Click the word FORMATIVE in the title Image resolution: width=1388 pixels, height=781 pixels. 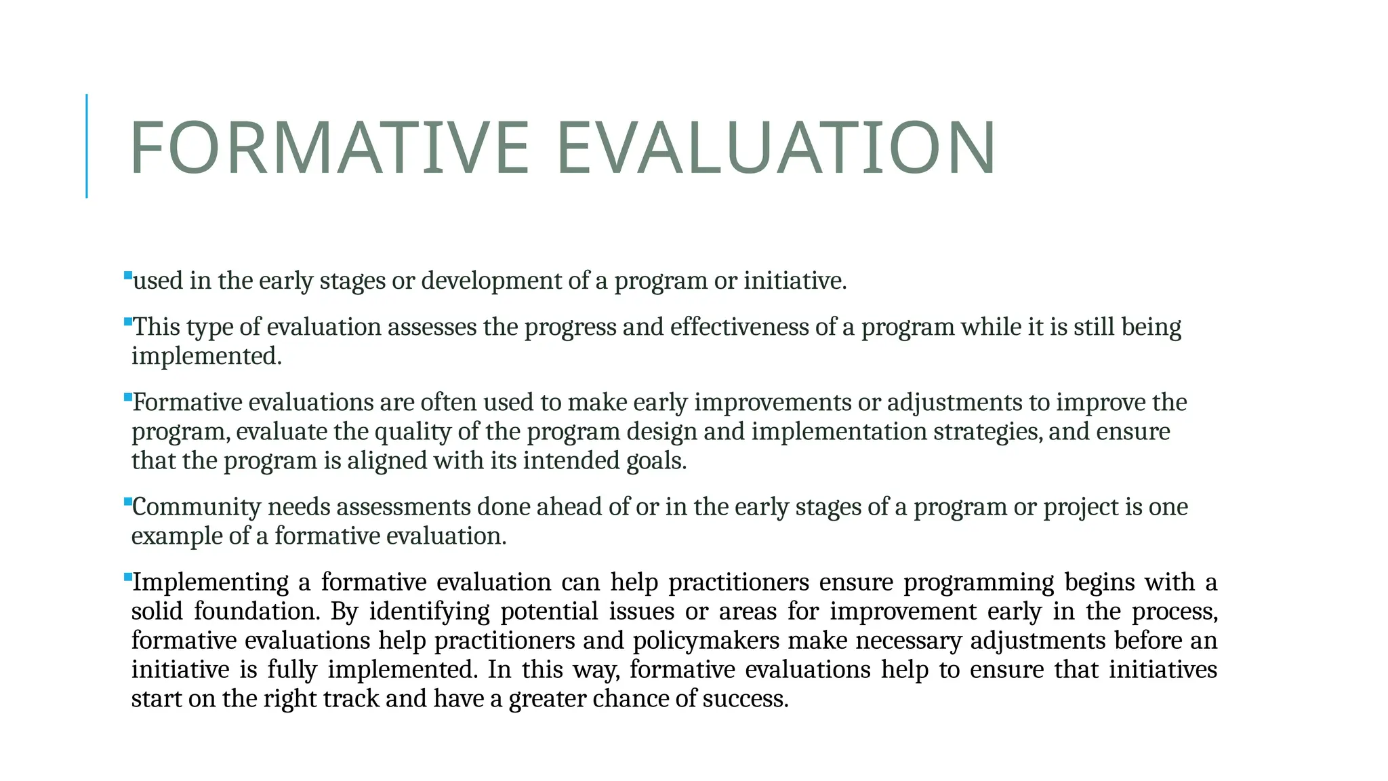[x=329, y=148]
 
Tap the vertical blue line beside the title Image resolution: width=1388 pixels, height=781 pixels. [x=87, y=146]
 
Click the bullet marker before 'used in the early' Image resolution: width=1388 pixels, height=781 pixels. [x=128, y=275]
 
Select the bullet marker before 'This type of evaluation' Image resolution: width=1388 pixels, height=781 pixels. [x=128, y=322]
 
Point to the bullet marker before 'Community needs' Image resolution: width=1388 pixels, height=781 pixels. [x=128, y=502]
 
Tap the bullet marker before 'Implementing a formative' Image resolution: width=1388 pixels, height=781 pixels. [x=128, y=577]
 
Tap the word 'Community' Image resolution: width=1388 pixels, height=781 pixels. [x=197, y=507]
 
